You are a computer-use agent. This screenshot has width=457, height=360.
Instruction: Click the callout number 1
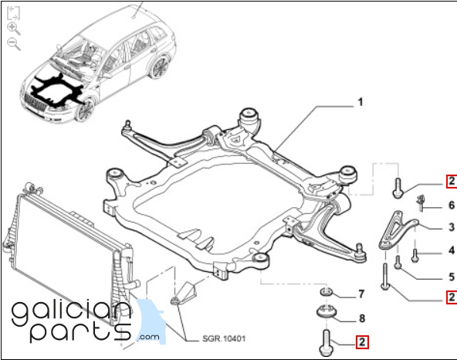pos(361,102)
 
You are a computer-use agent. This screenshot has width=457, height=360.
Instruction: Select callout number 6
pos(452,205)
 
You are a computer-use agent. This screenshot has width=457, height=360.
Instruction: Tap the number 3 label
pos(452,227)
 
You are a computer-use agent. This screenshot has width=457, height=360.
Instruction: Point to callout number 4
pos(452,250)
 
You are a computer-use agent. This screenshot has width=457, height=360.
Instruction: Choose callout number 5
pos(452,277)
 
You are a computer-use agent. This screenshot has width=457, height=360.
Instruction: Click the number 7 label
pos(361,294)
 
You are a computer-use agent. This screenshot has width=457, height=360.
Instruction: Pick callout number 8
pos(362,318)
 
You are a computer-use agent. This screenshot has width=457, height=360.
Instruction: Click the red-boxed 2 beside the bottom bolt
pos(362,342)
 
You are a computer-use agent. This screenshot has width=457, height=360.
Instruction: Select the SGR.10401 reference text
pos(224,338)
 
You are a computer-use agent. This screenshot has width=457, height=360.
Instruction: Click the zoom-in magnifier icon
pos(13,29)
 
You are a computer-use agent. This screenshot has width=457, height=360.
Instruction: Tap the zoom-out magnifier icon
pos(13,44)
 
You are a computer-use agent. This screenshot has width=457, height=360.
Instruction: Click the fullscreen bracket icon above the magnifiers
pos(13,13)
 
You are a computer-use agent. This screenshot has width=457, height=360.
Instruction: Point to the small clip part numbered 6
pos(420,202)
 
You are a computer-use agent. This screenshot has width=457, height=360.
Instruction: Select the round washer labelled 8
pos(327,312)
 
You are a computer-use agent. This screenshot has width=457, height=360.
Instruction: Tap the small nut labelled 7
pos(327,291)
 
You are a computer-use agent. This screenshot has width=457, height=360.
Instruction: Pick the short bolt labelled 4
pos(415,256)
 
